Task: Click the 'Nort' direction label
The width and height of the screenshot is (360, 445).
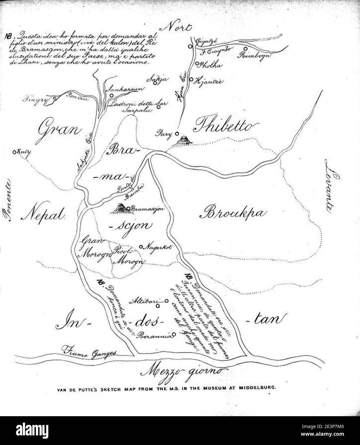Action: click(178, 28)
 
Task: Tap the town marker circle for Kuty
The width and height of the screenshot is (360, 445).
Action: click(14, 152)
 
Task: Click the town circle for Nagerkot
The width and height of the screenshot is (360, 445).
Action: click(141, 247)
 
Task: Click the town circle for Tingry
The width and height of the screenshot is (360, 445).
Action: click(55, 99)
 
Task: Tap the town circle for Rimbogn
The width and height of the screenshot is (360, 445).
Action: click(245, 49)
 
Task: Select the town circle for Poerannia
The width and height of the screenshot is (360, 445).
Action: click(174, 335)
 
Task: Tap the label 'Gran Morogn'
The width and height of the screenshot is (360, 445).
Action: click(94, 248)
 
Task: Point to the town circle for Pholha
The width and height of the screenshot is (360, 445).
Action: click(197, 64)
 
